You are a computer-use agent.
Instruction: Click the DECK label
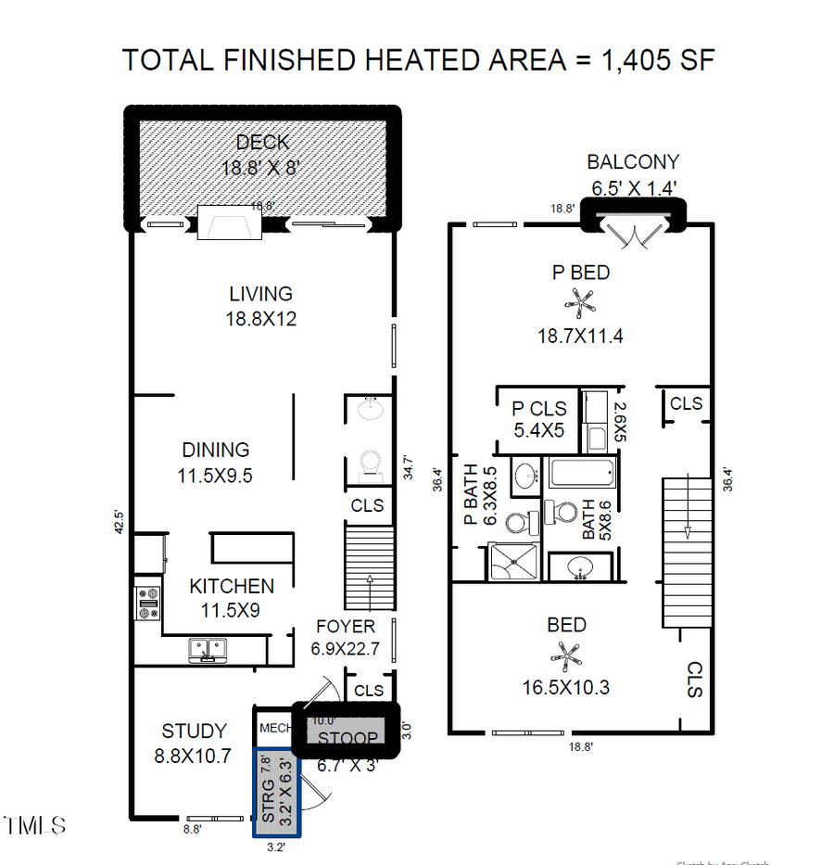262,142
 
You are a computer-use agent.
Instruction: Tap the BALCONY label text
632,162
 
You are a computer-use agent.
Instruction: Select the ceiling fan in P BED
581,302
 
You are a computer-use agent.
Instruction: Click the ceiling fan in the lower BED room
566,655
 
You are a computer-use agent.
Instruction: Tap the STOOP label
347,738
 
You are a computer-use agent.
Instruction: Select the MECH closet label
274,728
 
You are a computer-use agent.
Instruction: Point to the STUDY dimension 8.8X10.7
193,756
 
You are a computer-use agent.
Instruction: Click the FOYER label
345,626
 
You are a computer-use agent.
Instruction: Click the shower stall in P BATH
512,560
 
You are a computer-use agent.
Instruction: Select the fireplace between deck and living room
231,223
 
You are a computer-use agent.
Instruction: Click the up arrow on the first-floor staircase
370,581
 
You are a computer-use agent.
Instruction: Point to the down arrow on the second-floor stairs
688,530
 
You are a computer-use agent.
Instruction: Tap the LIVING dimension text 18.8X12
261,318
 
